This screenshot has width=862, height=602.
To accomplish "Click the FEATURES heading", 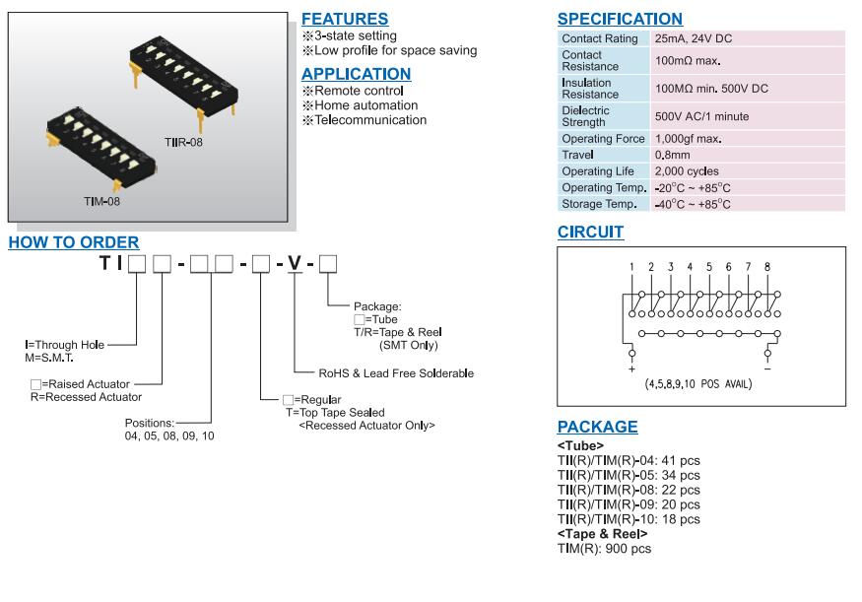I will tap(344, 19).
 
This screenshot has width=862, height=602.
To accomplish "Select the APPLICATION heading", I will tap(356, 74).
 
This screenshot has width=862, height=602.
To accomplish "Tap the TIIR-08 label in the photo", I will tap(184, 143).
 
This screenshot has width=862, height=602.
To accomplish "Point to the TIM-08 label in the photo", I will tap(102, 201).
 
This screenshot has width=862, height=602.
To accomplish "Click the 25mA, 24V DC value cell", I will tap(694, 38).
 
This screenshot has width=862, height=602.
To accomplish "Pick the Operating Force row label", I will tap(603, 139).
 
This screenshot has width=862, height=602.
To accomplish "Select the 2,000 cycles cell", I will tap(687, 171).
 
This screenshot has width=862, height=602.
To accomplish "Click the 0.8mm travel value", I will tap(673, 156).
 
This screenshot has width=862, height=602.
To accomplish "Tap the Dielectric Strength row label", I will tap(586, 116).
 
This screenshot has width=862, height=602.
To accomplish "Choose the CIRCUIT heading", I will tap(590, 233).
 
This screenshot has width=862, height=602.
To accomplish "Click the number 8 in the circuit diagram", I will tap(767, 267).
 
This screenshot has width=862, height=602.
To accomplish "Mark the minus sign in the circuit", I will tap(767, 368).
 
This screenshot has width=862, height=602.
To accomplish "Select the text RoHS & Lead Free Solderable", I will tap(396, 373).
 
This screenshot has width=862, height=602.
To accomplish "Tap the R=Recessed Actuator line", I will tap(86, 397).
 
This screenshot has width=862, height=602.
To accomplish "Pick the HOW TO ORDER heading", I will tap(74, 242).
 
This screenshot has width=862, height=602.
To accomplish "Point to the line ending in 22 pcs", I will tap(629, 490).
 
